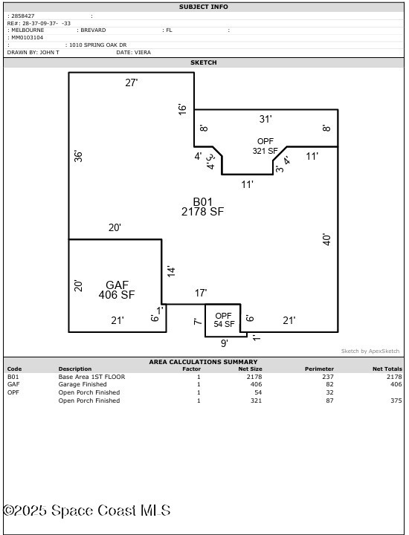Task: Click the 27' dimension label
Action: pyautogui.click(x=132, y=82)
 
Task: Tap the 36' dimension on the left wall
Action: pyautogui.click(x=79, y=156)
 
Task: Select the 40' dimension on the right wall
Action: pyautogui.click(x=327, y=239)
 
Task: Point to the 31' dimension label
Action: pyautogui.click(x=265, y=119)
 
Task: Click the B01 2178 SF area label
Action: pyautogui.click(x=202, y=207)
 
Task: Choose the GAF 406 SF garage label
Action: pyautogui.click(x=117, y=290)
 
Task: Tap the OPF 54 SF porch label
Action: pyautogui.click(x=224, y=320)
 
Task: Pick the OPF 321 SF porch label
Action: pyautogui.click(x=265, y=146)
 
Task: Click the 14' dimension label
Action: pyautogui.click(x=171, y=271)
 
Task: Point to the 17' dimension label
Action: pyautogui.click(x=201, y=293)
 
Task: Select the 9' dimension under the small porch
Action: pyautogui.click(x=224, y=343)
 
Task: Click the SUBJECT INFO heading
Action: pyautogui.click(x=204, y=7)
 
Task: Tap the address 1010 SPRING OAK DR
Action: pyautogui.click(x=98, y=45)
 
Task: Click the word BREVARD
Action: pyautogui.click(x=93, y=30)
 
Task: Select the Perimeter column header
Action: pyautogui.click(x=319, y=369)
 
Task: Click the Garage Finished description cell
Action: pyautogui.click(x=83, y=384)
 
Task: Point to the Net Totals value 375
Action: pyautogui.click(x=396, y=401)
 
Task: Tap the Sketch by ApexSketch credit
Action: pyautogui.click(x=370, y=351)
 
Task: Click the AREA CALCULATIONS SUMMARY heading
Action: pyautogui.click(x=203, y=362)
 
